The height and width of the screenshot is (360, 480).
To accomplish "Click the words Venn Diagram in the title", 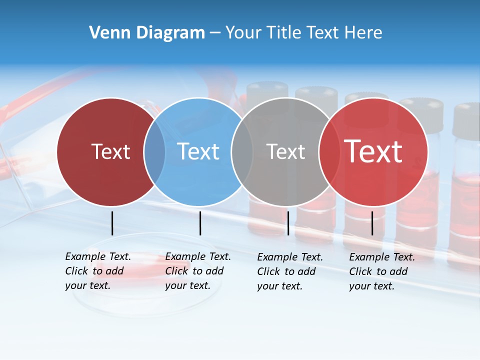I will click(147, 33).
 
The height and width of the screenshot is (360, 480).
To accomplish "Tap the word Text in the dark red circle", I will click(110, 151).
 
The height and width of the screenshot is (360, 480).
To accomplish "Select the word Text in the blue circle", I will click(198, 151).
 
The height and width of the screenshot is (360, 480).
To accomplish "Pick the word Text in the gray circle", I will click(285, 151).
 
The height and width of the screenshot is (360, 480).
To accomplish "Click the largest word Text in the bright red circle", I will click(373, 151).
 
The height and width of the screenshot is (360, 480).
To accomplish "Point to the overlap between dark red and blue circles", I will click(154, 151).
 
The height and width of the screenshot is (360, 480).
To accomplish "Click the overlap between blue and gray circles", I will click(242, 151).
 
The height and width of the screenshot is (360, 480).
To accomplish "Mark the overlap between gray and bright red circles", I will click(329, 151).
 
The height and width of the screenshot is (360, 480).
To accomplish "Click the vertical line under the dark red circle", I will click(112, 223).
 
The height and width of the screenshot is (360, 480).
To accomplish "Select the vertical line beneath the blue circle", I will click(200, 223).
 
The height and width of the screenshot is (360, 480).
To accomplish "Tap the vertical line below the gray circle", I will click(288, 223).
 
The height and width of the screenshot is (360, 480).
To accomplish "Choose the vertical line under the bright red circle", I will click(372, 223).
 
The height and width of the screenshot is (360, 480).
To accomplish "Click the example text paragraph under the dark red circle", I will click(97, 271).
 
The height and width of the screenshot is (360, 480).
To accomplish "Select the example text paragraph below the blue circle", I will click(197, 271).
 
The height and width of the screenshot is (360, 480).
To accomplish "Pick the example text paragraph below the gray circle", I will click(289, 271).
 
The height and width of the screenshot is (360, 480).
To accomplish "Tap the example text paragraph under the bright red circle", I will click(381, 271).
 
